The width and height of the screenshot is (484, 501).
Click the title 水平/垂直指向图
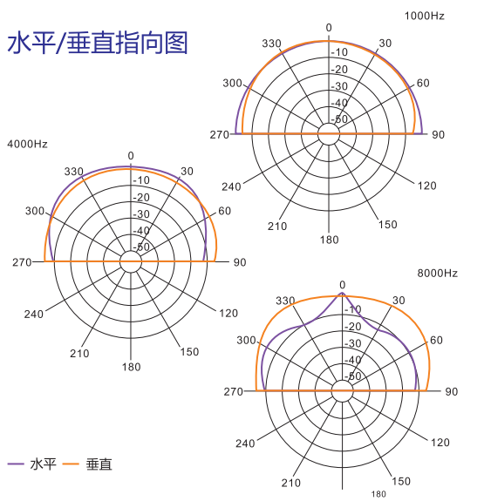(98, 43)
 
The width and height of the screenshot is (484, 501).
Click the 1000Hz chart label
(424, 16)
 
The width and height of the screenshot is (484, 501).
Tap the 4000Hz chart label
(27, 144)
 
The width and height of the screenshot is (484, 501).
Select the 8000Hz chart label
(437, 274)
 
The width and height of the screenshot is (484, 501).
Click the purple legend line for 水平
(16, 464)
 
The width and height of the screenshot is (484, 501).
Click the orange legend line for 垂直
(71, 464)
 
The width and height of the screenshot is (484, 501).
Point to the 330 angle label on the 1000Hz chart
(271, 44)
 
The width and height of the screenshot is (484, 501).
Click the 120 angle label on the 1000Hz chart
(426, 186)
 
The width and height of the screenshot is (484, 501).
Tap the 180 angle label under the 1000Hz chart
(329, 240)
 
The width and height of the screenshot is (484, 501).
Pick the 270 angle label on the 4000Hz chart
(22, 262)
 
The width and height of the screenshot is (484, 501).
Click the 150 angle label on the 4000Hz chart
(189, 352)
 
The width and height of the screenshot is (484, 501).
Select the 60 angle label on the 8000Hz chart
(436, 341)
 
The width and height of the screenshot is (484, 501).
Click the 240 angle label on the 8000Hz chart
(245, 443)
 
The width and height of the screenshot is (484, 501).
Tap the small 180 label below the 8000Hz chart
(378, 494)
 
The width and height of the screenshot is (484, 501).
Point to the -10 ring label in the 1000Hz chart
(339, 52)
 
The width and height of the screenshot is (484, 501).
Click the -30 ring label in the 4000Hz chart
(141, 213)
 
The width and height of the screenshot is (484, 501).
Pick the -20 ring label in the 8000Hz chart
(353, 327)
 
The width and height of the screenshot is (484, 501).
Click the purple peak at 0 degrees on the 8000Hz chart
(342, 293)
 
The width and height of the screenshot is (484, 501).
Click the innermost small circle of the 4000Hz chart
(131, 251)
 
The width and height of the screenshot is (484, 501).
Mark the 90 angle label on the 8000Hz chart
(452, 391)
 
